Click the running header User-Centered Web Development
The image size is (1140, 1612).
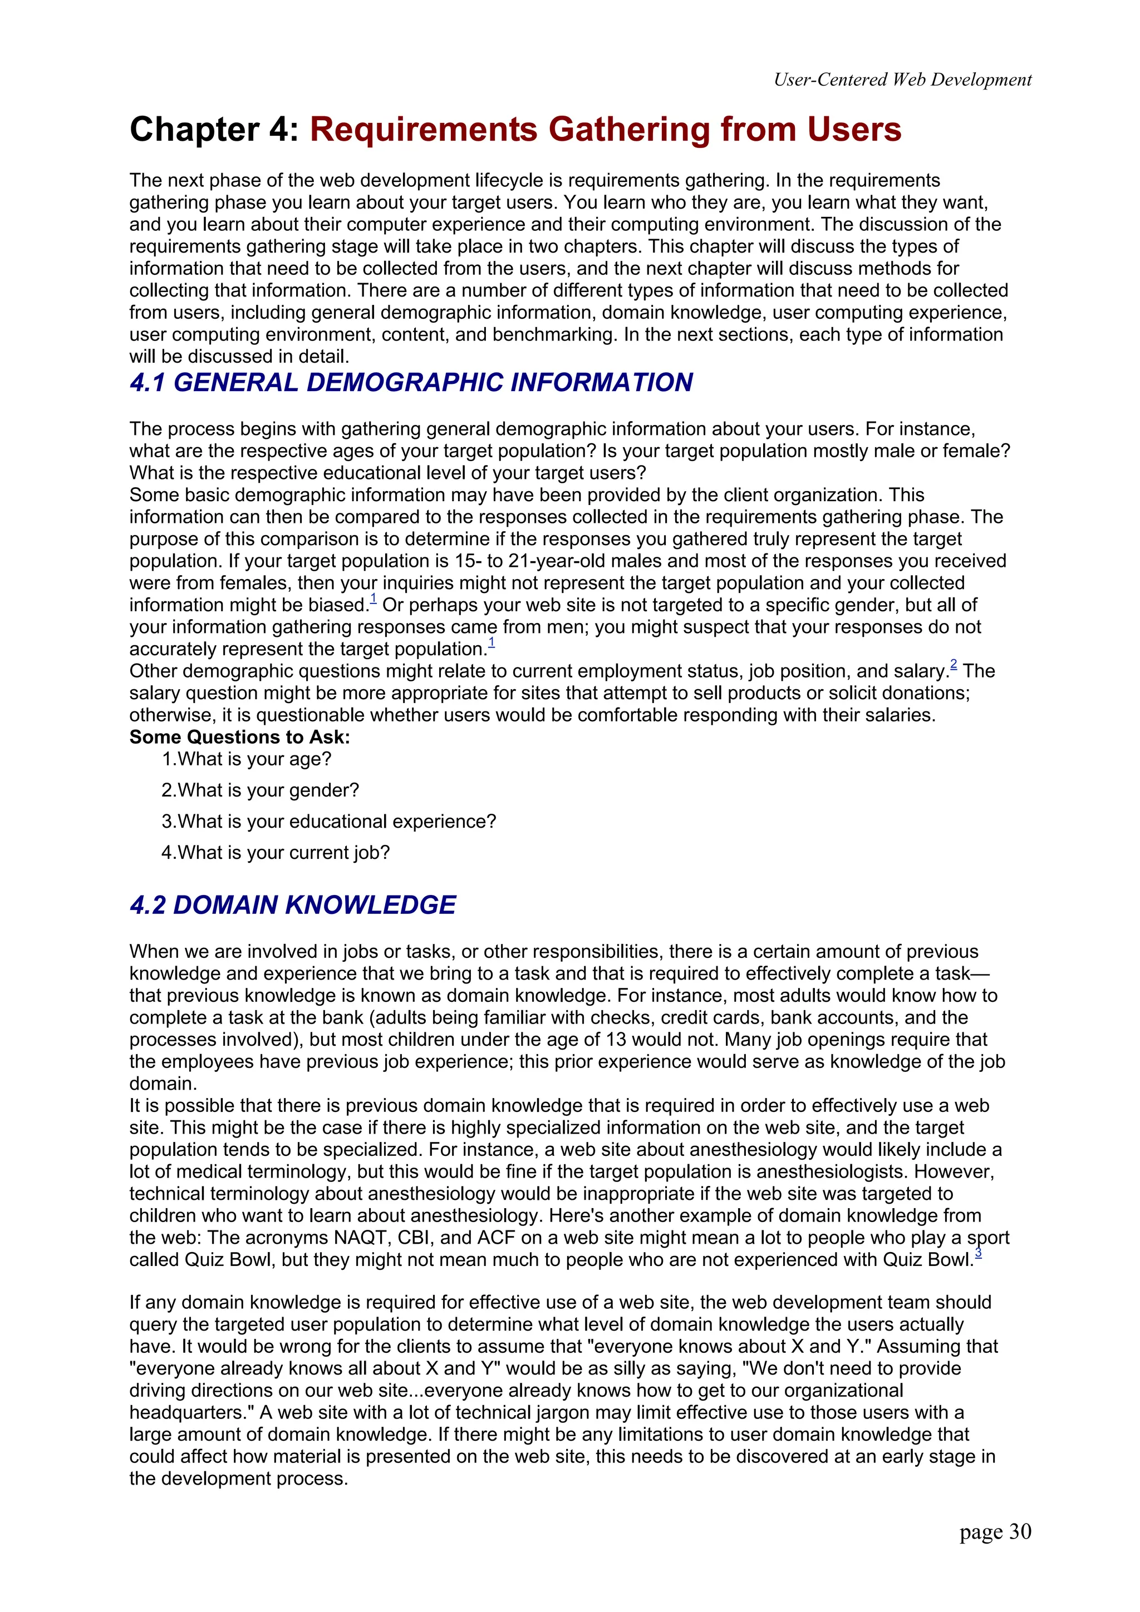tap(902, 80)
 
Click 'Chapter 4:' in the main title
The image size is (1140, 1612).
tap(214, 130)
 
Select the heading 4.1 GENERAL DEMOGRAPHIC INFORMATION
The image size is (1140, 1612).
tap(411, 383)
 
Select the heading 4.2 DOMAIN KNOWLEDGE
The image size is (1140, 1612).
tap(292, 905)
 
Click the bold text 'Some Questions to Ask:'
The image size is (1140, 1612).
tap(239, 737)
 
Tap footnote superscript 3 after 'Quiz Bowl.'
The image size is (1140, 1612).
tap(979, 1253)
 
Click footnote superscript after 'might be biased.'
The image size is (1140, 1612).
tap(374, 598)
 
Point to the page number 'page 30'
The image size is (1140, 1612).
tap(995, 1531)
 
